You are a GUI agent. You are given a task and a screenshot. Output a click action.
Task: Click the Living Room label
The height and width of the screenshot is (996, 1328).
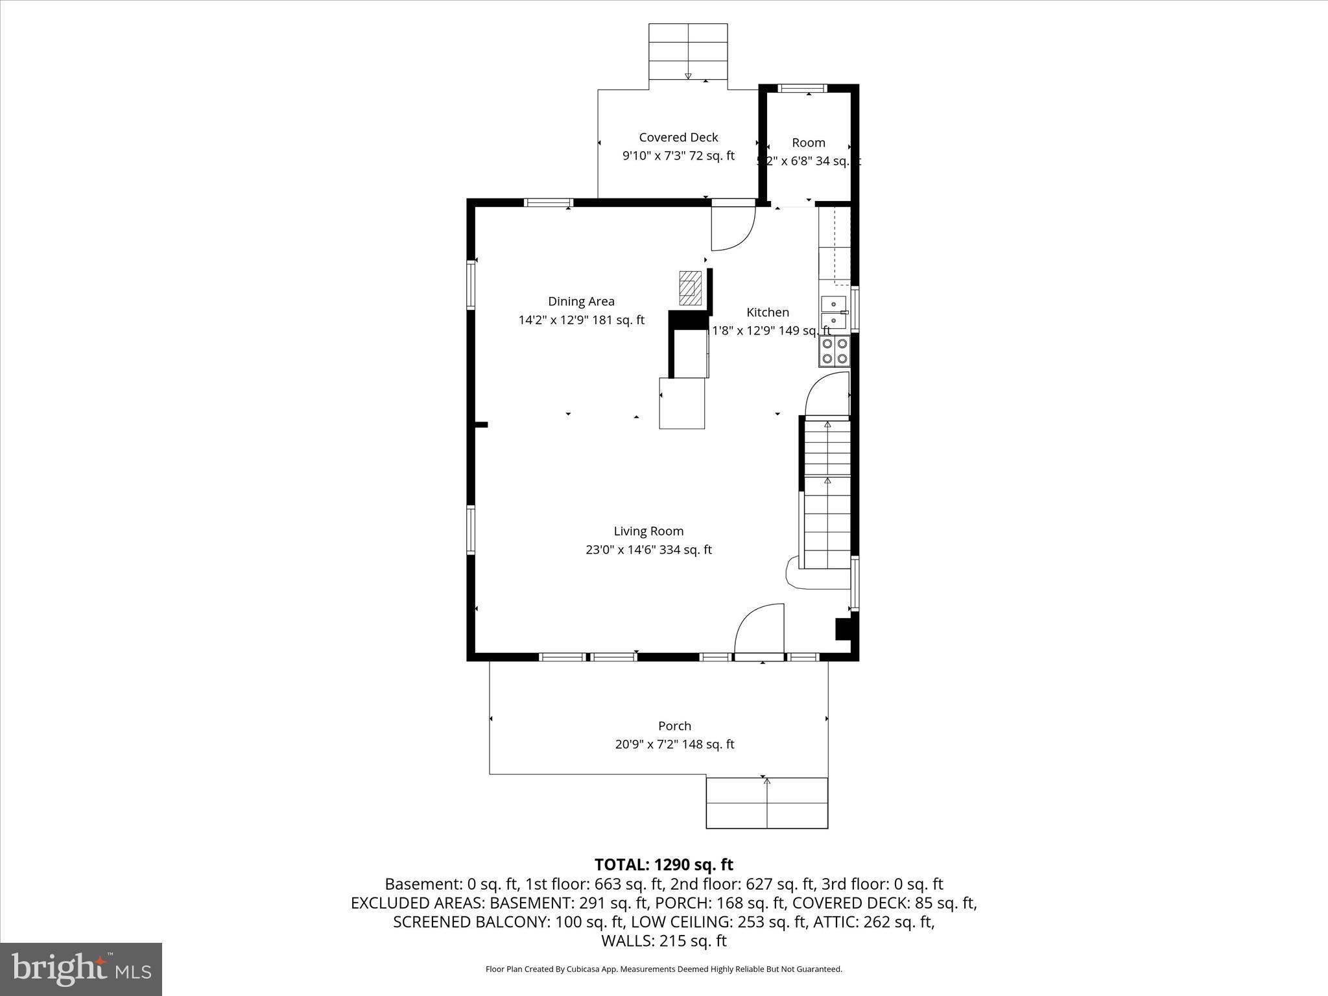(648, 531)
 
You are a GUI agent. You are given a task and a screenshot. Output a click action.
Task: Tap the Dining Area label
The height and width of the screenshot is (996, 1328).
(581, 301)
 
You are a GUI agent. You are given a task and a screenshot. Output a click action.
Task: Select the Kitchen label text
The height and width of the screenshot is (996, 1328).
(767, 312)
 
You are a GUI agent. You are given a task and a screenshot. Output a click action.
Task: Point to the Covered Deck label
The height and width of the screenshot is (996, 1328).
(678, 137)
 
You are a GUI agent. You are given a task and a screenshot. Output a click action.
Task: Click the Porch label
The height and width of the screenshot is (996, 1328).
(674, 726)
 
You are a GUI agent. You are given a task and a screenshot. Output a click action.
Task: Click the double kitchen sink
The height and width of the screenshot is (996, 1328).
(834, 313)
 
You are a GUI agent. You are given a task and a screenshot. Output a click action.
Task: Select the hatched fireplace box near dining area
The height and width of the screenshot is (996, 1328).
(689, 288)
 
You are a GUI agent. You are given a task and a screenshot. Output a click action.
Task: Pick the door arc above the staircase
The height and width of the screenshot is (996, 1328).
(827, 394)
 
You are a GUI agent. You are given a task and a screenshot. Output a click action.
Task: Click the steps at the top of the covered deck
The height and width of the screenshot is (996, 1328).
(688, 51)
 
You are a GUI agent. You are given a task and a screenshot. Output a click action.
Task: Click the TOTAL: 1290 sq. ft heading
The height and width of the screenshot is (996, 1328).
(663, 864)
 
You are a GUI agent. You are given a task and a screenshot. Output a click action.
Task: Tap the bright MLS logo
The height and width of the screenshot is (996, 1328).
(81, 969)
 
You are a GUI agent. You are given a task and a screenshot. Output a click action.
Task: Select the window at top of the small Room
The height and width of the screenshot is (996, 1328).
(802, 88)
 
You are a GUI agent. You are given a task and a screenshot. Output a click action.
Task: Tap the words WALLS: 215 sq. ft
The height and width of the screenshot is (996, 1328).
(663, 940)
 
